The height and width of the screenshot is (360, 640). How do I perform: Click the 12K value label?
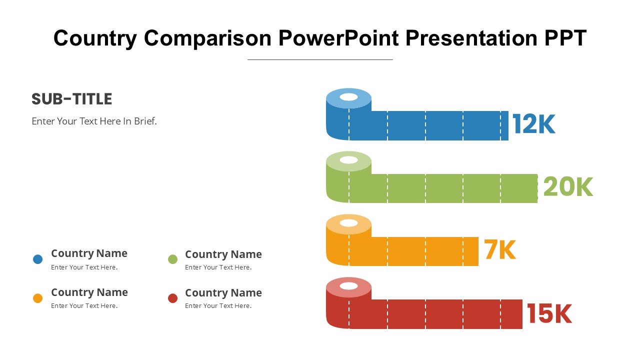[533, 123]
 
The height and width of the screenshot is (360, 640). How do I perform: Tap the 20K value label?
[568, 187]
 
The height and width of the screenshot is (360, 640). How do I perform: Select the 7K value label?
[500, 249]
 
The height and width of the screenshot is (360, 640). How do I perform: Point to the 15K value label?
[549, 313]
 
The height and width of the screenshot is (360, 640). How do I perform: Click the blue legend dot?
[37, 259]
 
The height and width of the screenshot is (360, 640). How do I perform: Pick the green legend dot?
[172, 259]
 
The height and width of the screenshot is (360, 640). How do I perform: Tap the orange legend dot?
[37, 298]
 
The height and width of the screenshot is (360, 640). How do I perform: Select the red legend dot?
[172, 298]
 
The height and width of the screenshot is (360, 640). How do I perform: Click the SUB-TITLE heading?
[71, 99]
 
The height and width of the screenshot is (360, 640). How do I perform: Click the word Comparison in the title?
[207, 38]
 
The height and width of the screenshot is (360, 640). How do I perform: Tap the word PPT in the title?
[565, 38]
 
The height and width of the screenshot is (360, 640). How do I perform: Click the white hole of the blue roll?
[348, 97]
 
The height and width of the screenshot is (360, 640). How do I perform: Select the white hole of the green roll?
[348, 160]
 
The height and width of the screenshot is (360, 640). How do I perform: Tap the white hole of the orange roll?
[348, 223]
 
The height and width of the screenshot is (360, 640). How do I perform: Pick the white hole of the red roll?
[348, 285]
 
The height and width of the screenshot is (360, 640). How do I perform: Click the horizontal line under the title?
[320, 59]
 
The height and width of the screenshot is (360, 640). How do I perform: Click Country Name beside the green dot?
[223, 254]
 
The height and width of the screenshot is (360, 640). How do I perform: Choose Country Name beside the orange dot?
[89, 292]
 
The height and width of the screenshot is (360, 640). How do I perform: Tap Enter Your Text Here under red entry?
[218, 305]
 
